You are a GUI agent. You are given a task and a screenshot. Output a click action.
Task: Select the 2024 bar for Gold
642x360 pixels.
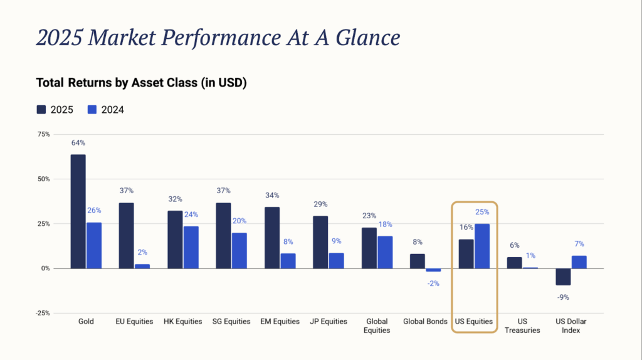point(94,245)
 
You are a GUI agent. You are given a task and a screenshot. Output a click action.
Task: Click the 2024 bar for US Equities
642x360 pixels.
point(482,246)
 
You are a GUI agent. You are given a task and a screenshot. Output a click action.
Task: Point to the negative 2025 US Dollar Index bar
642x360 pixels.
point(563,277)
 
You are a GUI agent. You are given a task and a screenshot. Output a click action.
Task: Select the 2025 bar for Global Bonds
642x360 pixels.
point(418,261)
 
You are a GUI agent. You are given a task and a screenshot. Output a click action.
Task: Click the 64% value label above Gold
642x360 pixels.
point(78,143)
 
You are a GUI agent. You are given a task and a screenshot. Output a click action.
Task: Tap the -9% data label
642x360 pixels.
point(563,297)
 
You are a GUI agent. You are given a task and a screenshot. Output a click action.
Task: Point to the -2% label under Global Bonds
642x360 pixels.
point(433,283)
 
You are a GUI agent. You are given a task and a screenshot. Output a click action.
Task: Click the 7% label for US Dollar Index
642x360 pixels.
point(579,243)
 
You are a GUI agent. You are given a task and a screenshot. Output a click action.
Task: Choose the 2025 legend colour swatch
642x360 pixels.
point(41,110)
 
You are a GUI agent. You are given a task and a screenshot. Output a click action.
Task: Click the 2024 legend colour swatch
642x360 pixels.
point(92,110)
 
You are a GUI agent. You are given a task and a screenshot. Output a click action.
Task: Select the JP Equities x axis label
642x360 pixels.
point(329,322)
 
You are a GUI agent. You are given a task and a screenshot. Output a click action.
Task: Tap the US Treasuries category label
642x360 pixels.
point(522,326)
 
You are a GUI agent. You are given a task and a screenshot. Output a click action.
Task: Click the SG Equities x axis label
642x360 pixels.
point(231,322)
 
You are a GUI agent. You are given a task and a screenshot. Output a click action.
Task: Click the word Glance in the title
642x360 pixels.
point(363,38)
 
